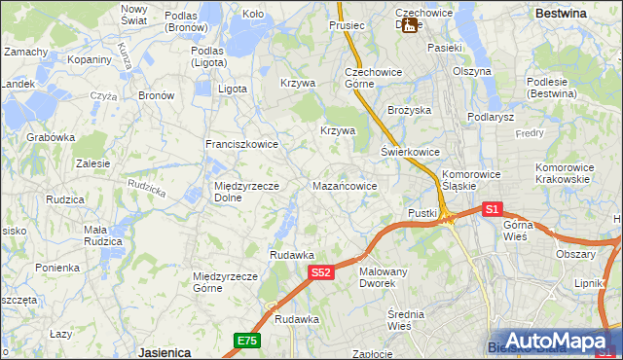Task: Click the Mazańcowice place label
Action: [x=351, y=184]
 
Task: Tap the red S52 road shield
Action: [x=322, y=273]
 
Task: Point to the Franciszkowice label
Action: [x=241, y=144]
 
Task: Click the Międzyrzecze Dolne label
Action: [x=246, y=192]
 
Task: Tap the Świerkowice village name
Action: [x=410, y=153]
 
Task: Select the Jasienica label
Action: [x=164, y=351]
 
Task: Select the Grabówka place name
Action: [x=52, y=137]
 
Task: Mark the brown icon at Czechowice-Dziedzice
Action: [x=412, y=26]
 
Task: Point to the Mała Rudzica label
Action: [x=102, y=235]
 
